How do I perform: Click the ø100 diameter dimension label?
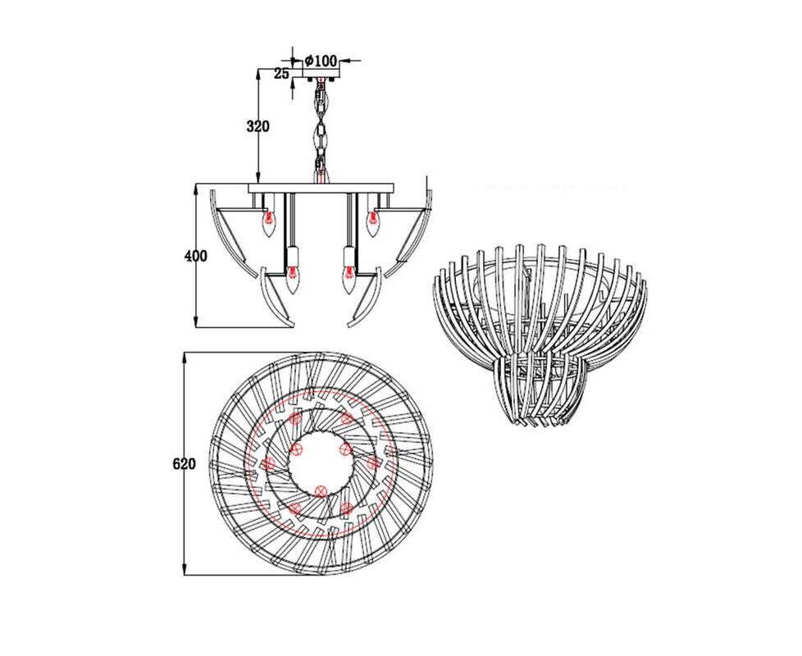pyautogui.click(x=321, y=61)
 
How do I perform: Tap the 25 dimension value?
pyautogui.click(x=280, y=74)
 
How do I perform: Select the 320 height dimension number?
pyautogui.click(x=257, y=125)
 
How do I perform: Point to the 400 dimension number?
pyautogui.click(x=195, y=256)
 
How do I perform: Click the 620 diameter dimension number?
pyautogui.click(x=184, y=464)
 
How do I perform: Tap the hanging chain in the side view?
pyautogui.click(x=321, y=130)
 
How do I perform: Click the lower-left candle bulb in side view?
pyautogui.click(x=292, y=279)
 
